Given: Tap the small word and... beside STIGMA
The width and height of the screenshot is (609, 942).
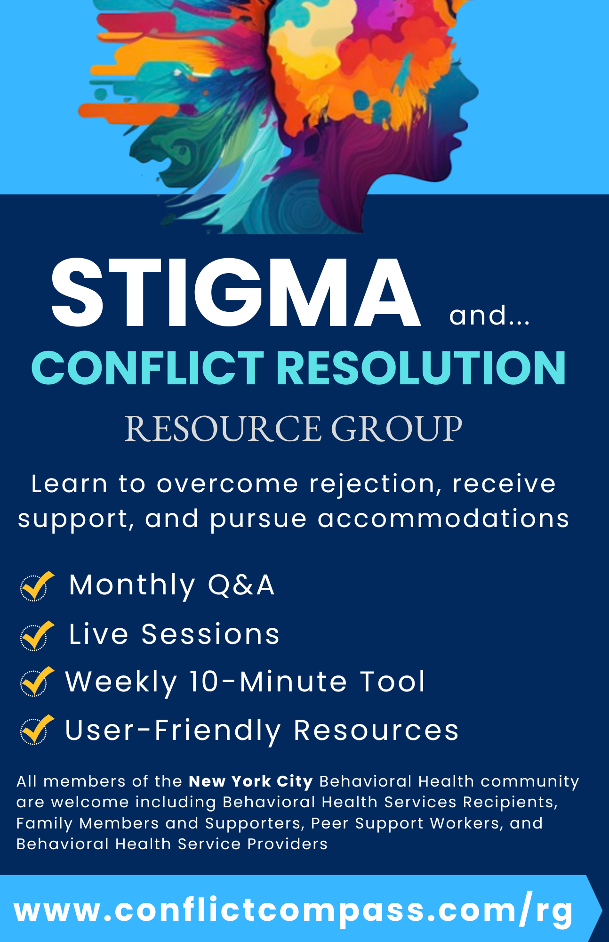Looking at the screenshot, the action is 489,315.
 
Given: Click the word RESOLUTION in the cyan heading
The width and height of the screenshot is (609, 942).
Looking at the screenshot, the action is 421,368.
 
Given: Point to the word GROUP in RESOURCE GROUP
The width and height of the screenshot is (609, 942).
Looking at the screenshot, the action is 397,429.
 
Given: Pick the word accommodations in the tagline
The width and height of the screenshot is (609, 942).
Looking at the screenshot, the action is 443,519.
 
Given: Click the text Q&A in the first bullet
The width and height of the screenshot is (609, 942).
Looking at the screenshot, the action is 241,585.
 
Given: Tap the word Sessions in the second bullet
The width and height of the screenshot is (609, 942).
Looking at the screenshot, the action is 210,634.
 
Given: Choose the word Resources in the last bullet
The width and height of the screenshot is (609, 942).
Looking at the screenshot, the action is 376,731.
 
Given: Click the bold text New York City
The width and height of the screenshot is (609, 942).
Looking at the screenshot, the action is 251,782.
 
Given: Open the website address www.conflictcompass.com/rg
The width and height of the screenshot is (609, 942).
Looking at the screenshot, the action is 294,910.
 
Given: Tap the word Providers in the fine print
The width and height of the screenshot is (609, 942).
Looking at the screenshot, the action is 287,844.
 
